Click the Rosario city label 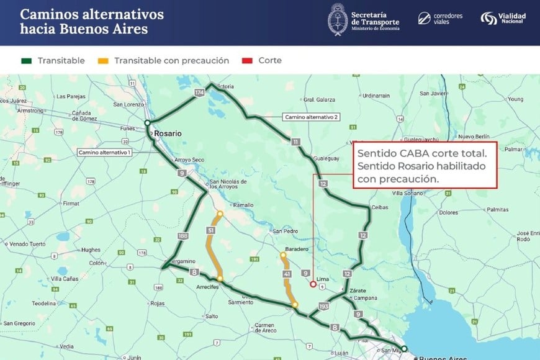click(168, 133)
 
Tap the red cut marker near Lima click(313, 285)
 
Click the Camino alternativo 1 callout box click(104, 152)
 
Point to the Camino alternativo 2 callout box click(311, 117)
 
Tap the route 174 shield click(199, 92)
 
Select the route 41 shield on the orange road click(286, 274)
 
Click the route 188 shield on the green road click(182, 236)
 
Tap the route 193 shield click(323, 306)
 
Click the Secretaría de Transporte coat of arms click(338, 19)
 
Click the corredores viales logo click(440, 18)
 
